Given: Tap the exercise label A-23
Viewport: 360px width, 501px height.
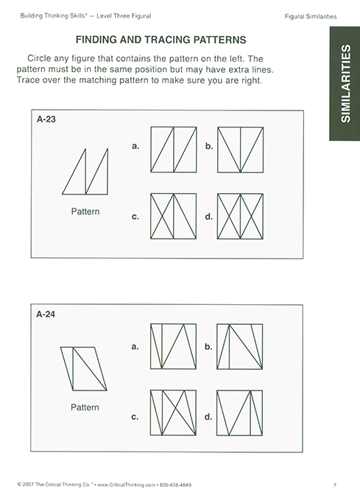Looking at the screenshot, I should pos(46,122).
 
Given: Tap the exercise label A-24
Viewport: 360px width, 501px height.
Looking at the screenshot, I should pos(46,314).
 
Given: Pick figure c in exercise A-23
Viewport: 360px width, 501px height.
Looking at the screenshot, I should pos(174,217).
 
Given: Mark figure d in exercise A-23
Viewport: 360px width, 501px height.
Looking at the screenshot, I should pos(240,217).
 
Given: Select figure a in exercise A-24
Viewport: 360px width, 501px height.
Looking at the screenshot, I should pos(174,346).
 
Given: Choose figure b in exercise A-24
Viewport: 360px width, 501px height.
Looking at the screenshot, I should pos(240,346).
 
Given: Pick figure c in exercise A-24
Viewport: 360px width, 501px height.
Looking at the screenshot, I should pos(174,416).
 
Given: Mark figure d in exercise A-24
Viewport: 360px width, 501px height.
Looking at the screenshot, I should pos(240,416).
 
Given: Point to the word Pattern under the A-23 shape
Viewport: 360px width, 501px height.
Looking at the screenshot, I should pos(85,211).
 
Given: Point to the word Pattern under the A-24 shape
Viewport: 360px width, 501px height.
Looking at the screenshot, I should pos(85,407).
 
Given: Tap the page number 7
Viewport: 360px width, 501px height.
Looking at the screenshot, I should pos(334,484).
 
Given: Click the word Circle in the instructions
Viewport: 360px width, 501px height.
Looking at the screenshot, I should pos(43,57).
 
